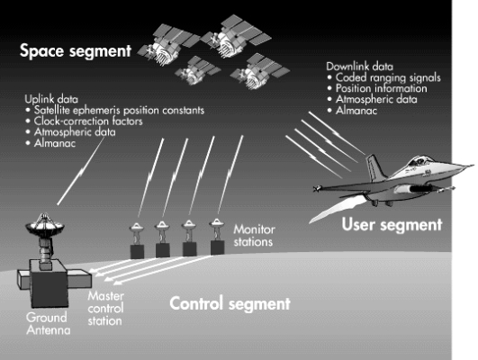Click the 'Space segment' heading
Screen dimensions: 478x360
pos(76,51)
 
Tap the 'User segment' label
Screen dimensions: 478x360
pos(392,225)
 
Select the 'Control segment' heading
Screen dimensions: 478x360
pos(230,303)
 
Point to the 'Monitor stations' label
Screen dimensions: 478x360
pos(254,235)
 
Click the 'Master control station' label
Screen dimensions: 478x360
pos(105,308)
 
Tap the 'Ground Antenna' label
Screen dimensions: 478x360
pos(49,324)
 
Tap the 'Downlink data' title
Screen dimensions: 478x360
pos(360,67)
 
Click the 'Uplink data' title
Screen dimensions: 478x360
pos(51,99)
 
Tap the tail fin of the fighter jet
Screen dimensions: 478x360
pos(375,167)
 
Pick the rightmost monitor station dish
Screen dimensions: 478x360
pos(217,223)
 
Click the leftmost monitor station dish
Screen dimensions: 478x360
pos(136,227)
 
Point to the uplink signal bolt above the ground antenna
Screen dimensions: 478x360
pos(80,171)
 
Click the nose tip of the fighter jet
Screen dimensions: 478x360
pos(474,166)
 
